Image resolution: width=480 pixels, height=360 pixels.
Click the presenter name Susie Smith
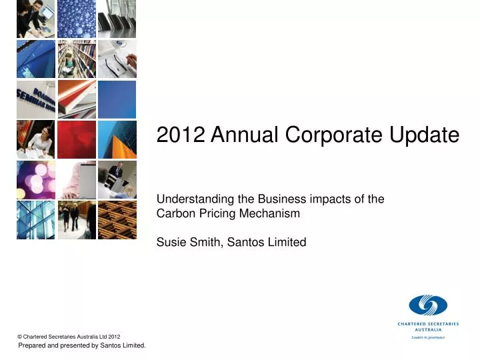pyautogui.click(x=189, y=242)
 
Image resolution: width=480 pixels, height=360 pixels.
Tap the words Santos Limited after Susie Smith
pyautogui.click(x=267, y=242)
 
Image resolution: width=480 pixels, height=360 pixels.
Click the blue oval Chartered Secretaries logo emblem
pyautogui.click(x=427, y=305)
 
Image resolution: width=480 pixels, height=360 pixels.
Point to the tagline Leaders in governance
pyautogui.click(x=427, y=337)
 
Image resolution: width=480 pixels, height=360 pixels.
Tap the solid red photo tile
pyautogui.click(x=77, y=139)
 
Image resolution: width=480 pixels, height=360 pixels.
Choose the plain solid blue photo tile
pyautogui.click(x=117, y=99)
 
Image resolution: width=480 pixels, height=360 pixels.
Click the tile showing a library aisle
pyautogui.click(x=77, y=59)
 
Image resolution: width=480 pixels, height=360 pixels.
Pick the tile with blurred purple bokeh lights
pyautogui.click(x=36, y=179)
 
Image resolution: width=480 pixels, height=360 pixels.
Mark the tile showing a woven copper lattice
pyautogui.click(x=117, y=219)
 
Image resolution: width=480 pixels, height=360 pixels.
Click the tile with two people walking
pyautogui.click(x=77, y=219)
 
